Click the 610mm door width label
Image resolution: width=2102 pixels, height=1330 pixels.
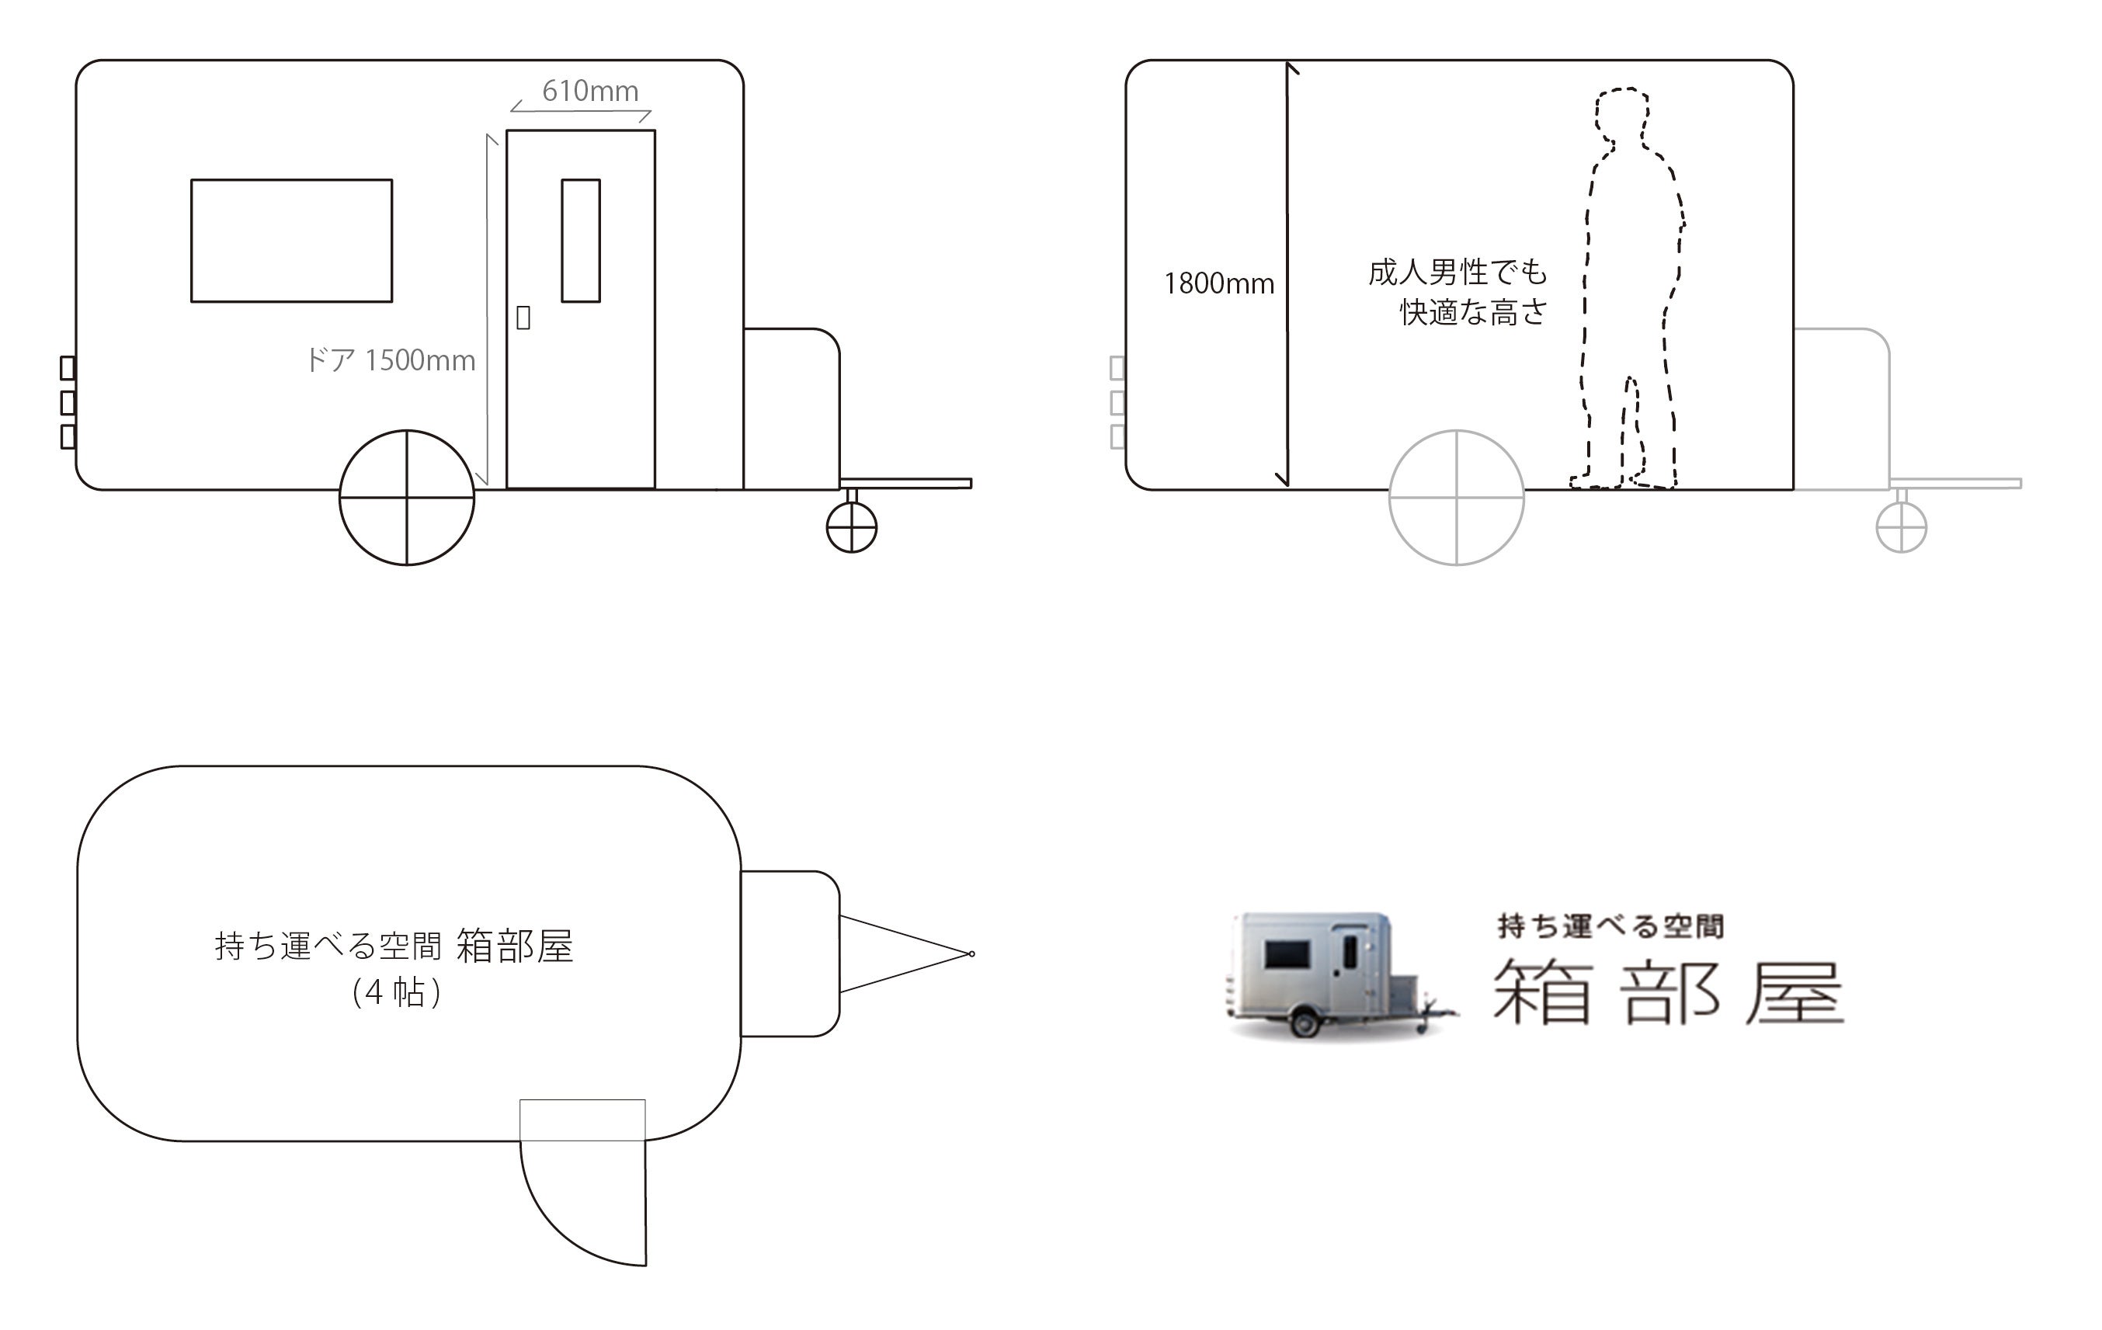click(x=590, y=92)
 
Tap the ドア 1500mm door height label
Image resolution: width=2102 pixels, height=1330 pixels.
click(x=391, y=360)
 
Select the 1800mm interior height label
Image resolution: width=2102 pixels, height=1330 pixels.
click(x=1218, y=283)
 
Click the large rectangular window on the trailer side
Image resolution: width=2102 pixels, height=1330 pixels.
click(x=291, y=241)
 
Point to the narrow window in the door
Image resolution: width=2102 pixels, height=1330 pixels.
click(x=581, y=241)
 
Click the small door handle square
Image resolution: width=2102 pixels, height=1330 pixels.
click(x=523, y=318)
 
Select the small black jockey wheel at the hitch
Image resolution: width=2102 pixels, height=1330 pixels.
click(x=851, y=527)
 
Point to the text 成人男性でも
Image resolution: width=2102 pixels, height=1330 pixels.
click(x=1457, y=273)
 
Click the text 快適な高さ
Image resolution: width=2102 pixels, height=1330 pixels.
click(x=1474, y=311)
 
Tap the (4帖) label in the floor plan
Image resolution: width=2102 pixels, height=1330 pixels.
click(x=396, y=992)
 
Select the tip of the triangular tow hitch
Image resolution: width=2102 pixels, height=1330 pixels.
click(x=971, y=954)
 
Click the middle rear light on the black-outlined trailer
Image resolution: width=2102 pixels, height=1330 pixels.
click(x=68, y=402)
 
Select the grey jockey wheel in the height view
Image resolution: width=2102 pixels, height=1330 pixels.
click(x=1901, y=527)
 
